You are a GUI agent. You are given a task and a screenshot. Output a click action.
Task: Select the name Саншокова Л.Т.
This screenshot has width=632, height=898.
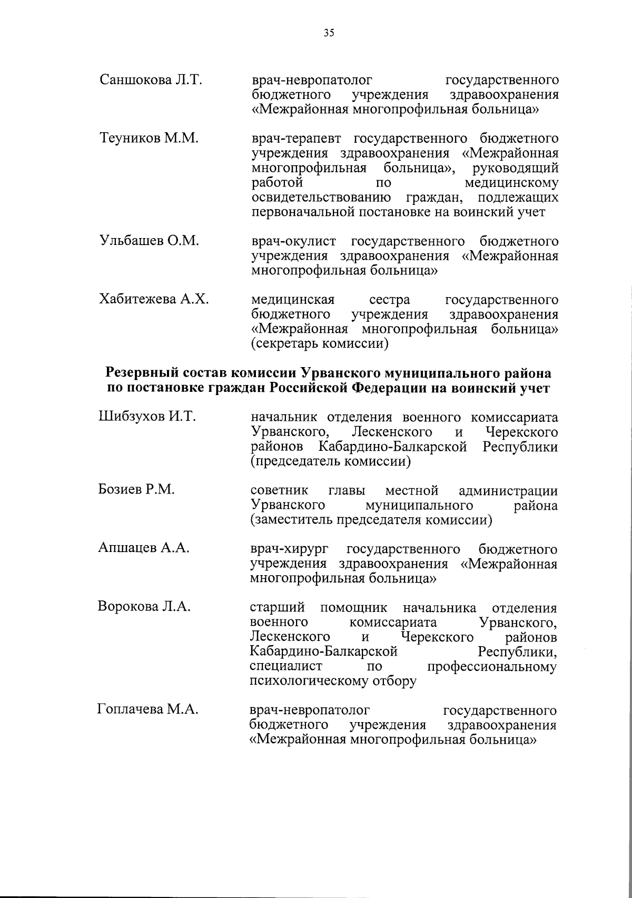151,80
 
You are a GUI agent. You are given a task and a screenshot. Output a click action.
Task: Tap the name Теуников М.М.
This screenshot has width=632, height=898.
149,139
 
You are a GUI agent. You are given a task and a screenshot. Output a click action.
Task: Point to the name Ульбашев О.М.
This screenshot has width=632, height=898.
150,241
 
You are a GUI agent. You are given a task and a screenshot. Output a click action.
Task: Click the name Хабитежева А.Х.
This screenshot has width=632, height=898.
154,300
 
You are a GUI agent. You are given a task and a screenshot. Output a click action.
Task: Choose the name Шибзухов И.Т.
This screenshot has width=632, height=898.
147,417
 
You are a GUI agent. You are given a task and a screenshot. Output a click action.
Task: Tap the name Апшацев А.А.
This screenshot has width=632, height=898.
143,548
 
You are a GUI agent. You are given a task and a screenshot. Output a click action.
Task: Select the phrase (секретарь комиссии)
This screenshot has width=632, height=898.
320,344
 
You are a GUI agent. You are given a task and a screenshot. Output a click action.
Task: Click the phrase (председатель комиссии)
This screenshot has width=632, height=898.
330,462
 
